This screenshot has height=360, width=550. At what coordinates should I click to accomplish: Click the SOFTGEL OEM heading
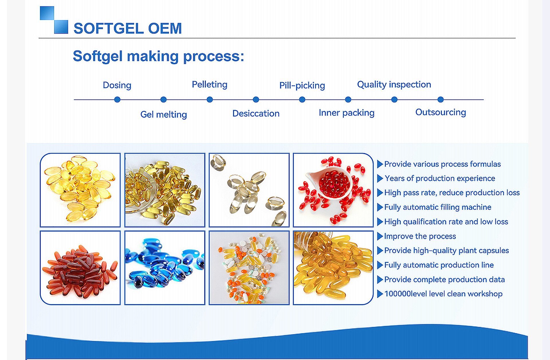[128, 28]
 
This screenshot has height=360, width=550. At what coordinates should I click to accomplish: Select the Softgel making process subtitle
[158, 56]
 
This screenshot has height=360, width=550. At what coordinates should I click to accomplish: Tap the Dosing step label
[117, 85]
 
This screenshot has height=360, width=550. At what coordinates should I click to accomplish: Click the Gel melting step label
[164, 114]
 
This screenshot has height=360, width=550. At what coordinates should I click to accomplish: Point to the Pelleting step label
[210, 85]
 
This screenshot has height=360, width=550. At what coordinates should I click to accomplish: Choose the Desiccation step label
[256, 114]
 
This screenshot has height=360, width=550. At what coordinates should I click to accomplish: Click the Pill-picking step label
[302, 85]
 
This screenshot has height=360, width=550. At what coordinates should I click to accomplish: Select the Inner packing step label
[347, 113]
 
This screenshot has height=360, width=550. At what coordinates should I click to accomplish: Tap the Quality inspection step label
[394, 85]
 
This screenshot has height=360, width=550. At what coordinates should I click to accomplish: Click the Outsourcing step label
[441, 112]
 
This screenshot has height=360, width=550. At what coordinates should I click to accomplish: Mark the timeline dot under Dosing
[117, 99]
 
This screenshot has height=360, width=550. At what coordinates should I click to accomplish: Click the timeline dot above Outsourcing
[441, 99]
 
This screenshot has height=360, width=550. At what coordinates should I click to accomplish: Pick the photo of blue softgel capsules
[165, 268]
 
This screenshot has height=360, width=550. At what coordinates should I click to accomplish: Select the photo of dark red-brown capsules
[80, 268]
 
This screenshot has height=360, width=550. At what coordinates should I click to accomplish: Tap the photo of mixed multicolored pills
[249, 268]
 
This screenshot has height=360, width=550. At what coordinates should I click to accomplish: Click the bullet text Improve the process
[420, 236]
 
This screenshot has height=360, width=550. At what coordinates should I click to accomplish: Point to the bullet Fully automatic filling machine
[438, 207]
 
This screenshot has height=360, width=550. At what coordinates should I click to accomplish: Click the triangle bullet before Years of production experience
[380, 179]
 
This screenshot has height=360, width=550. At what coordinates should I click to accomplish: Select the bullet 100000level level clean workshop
[443, 294]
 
